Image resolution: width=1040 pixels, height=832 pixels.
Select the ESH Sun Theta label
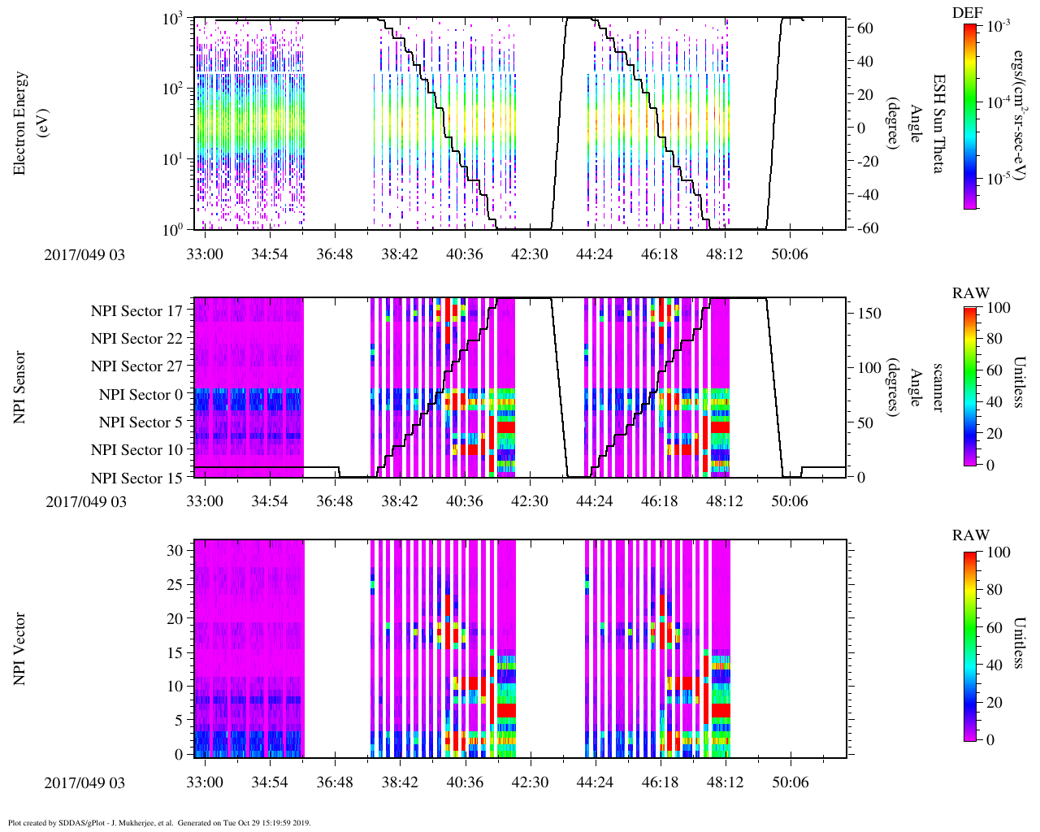point(938,123)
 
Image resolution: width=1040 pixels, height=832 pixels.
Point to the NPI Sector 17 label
point(136,311)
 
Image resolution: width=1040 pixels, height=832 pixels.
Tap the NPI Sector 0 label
point(141,395)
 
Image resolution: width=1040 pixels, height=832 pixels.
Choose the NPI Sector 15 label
point(136,479)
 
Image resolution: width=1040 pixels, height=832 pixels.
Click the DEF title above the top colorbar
point(968,13)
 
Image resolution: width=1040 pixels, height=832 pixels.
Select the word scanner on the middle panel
point(938,387)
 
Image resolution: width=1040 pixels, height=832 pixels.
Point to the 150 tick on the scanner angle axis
point(870,314)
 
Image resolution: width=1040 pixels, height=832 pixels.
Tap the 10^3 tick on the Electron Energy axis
point(172,19)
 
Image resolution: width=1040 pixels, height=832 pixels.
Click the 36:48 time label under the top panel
point(334,254)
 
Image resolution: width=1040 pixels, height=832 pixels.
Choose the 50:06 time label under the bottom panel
point(789,782)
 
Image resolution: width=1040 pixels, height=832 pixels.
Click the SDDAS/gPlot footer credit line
point(159,823)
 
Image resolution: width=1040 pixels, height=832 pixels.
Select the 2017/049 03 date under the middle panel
point(86,501)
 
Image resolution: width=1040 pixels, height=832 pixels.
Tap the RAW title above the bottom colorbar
point(971,535)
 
